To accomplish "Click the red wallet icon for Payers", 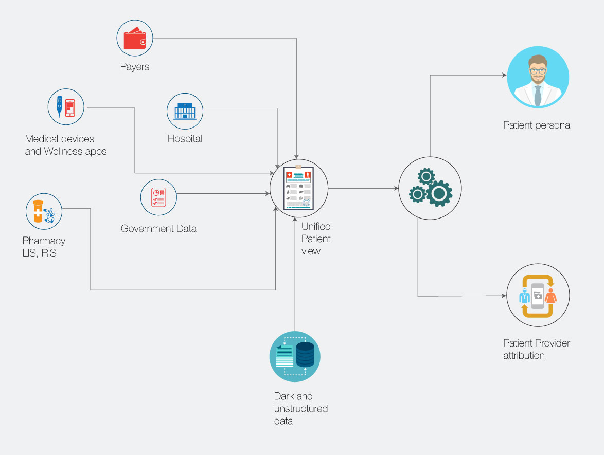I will [x=135, y=38].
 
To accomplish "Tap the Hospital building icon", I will [x=185, y=111].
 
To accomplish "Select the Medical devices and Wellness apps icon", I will [x=66, y=106].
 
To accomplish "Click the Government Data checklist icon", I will [x=158, y=196].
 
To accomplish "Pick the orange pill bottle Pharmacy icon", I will [x=39, y=211].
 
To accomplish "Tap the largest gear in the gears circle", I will [x=439, y=193].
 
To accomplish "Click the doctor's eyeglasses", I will [x=538, y=71].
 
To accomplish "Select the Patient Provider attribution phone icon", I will [x=538, y=296].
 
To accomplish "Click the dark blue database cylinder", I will [x=305, y=354].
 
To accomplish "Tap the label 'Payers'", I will [x=135, y=67].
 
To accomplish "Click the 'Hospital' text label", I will [x=185, y=139].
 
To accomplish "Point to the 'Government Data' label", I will [x=158, y=229].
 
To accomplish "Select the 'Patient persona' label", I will [x=537, y=125].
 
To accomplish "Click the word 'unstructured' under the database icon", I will [x=301, y=409].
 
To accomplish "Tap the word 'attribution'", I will [x=524, y=355].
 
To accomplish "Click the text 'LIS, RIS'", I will [x=40, y=253].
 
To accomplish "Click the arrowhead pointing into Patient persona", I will [x=505, y=76].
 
